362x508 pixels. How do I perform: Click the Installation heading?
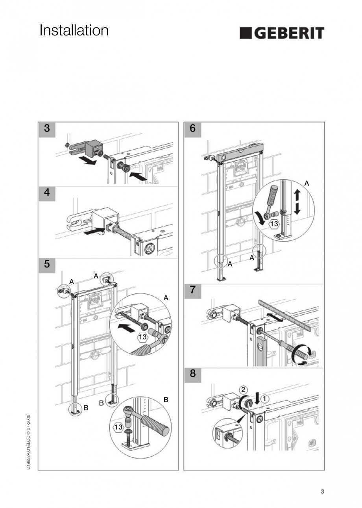point(74,30)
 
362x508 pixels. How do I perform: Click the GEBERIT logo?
point(282,33)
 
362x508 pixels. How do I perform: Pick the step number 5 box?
point(47,264)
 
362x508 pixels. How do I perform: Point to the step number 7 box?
point(192,290)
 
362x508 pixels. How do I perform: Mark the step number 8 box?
point(192,373)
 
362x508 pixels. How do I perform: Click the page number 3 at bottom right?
point(322,491)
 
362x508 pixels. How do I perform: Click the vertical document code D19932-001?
point(29,441)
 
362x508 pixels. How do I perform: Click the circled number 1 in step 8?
point(265,399)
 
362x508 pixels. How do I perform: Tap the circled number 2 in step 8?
point(244,389)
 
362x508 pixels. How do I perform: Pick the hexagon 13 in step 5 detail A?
point(142,337)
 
